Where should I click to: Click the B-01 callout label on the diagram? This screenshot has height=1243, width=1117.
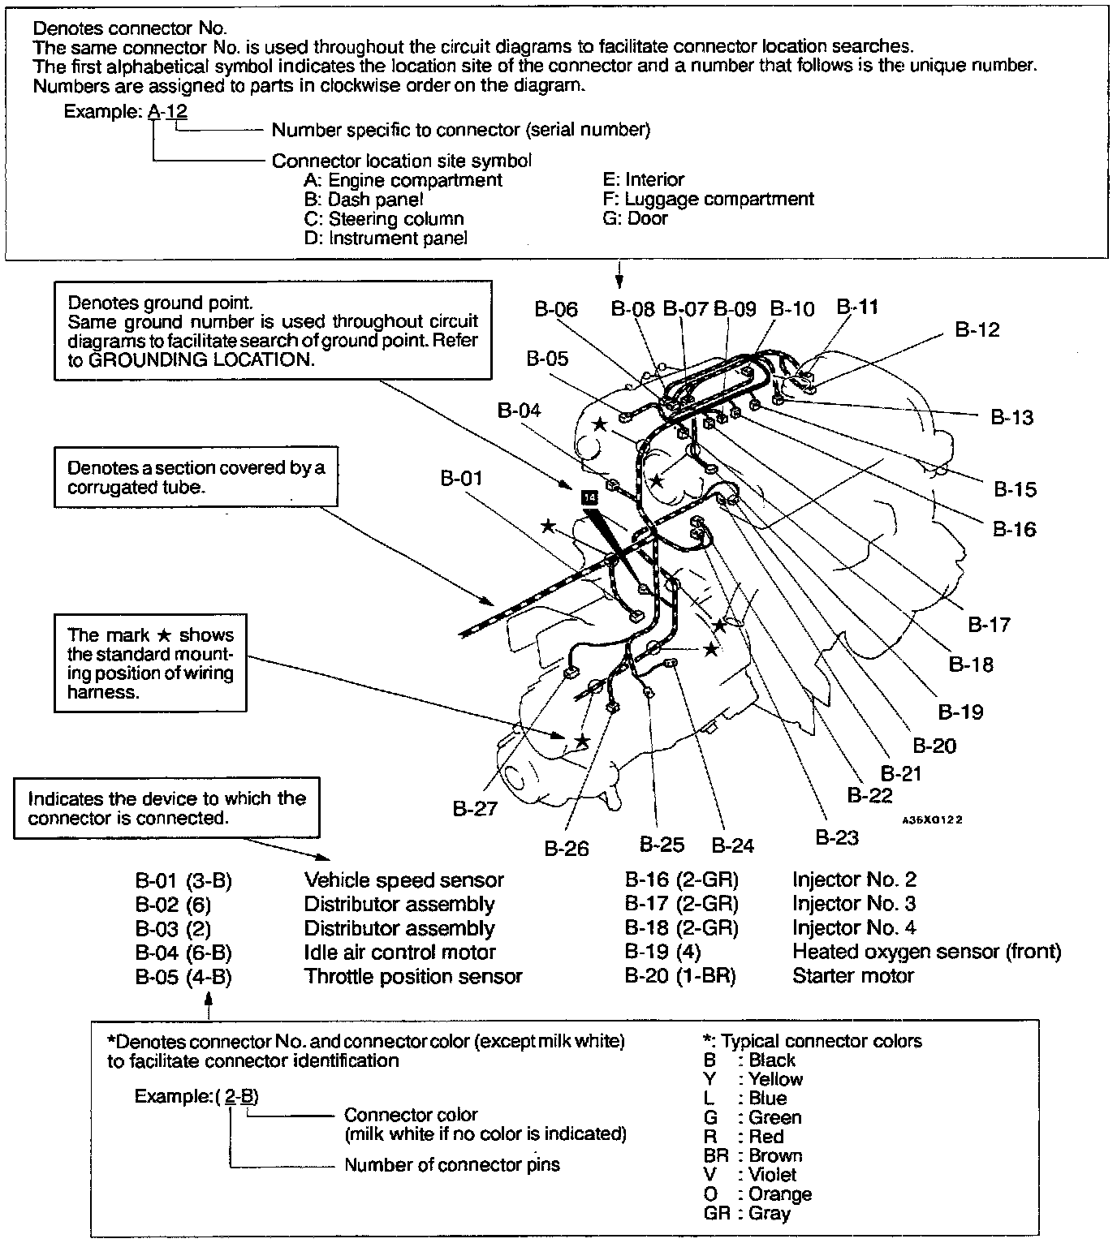461,479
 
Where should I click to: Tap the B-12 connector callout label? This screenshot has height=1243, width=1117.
977,330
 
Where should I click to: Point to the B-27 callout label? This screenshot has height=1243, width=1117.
474,809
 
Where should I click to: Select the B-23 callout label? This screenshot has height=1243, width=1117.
836,837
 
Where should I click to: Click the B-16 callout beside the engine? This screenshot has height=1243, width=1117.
1014,529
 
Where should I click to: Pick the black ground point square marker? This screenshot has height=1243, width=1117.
589,497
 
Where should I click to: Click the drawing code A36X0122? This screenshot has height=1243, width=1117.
931,820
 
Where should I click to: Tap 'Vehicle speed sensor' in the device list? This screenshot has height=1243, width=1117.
403,880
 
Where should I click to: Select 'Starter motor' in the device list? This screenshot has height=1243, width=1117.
852,976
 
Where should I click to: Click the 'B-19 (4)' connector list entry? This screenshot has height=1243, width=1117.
662,952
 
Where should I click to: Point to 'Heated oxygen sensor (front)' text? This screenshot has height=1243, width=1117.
926,952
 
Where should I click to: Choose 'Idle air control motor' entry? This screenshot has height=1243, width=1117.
399,953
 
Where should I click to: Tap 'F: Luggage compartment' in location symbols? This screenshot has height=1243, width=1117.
709,199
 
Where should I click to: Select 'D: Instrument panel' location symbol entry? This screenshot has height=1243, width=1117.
386,239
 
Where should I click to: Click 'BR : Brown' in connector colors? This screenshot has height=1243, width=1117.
753,1156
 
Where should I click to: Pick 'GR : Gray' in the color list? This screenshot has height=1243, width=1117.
747,1214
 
